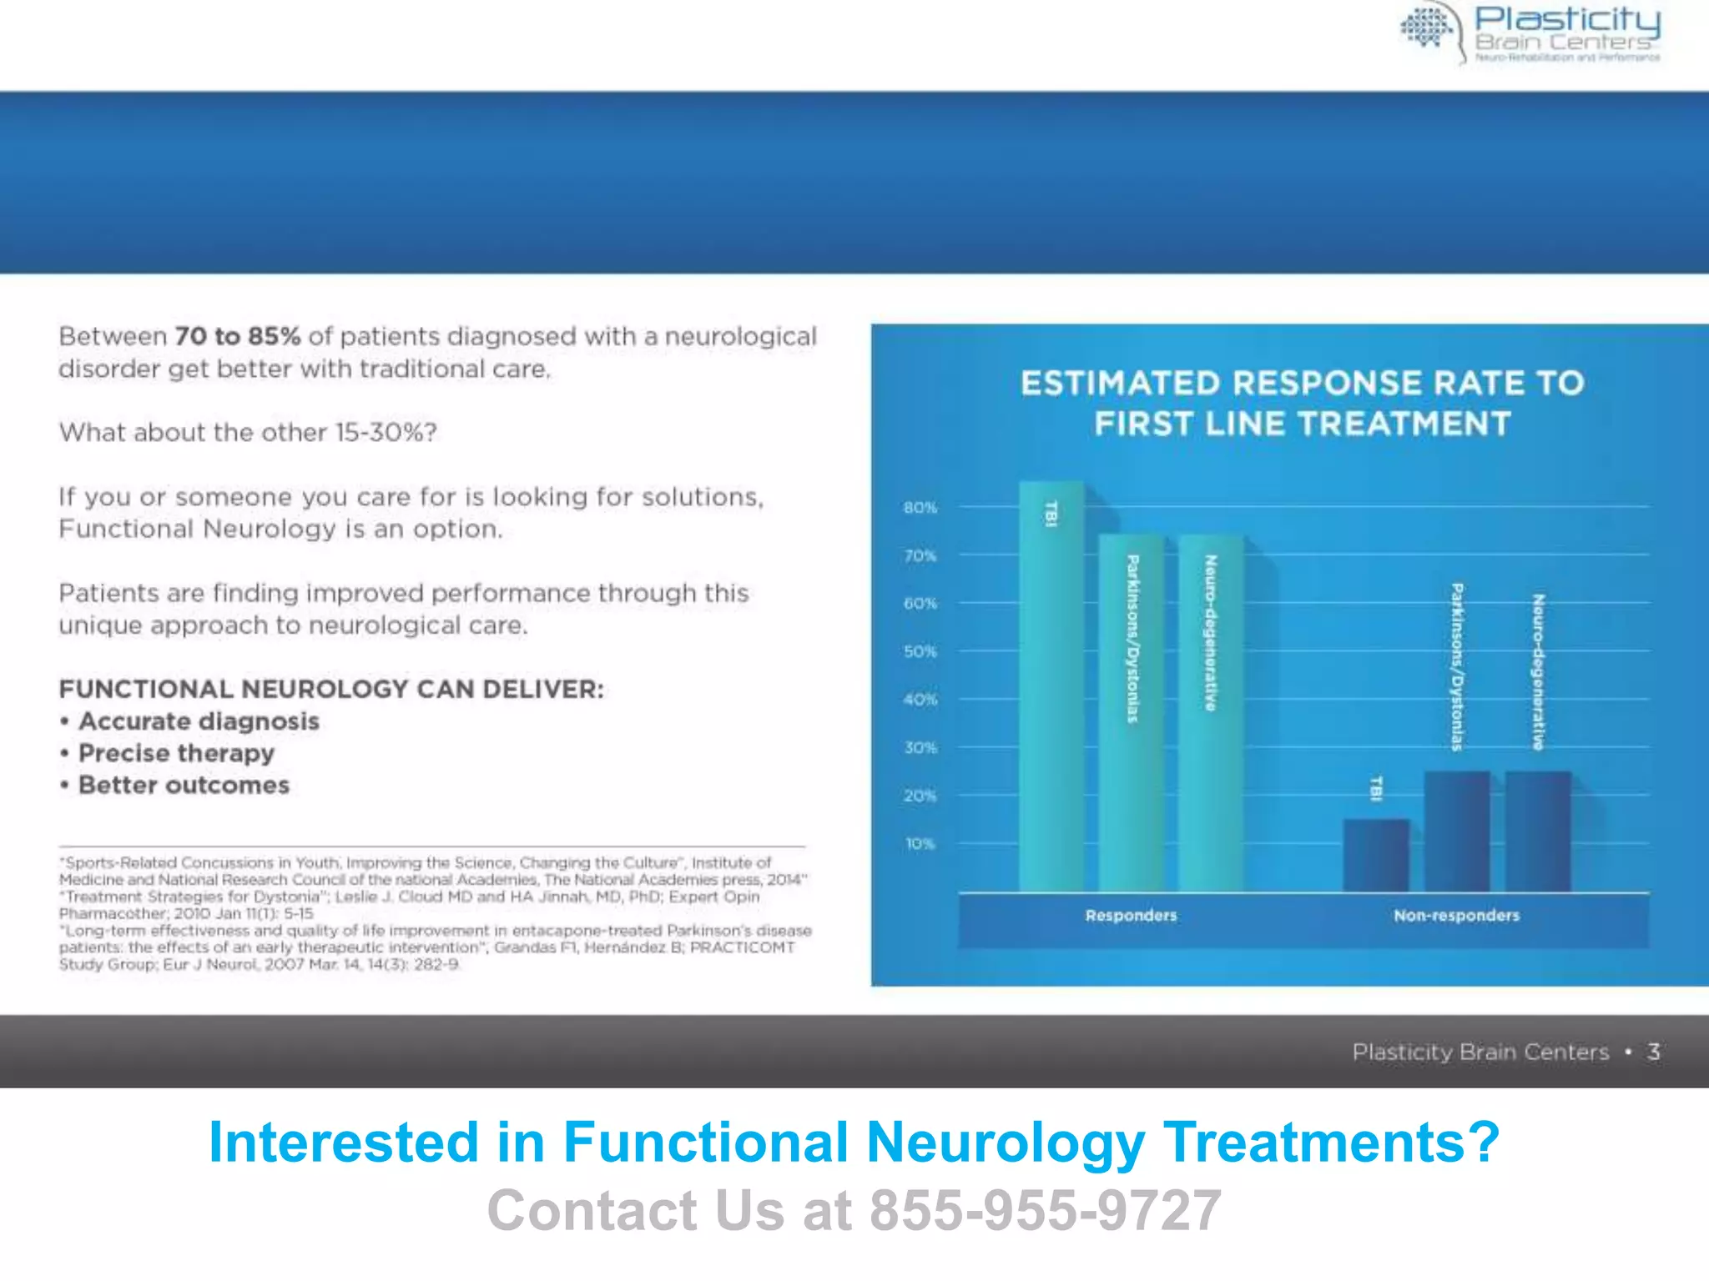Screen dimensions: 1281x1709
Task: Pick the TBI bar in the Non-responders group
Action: tap(1376, 855)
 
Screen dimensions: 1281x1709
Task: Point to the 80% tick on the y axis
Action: tap(920, 507)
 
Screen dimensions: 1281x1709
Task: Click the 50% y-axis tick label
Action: tap(920, 651)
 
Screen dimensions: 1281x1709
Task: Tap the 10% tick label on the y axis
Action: tap(920, 844)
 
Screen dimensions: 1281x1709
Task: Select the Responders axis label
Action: tap(1131, 916)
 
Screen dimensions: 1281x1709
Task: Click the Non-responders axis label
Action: tap(1456, 916)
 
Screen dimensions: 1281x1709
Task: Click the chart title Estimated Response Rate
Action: tap(1302, 403)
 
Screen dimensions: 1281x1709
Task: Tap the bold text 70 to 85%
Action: tap(237, 336)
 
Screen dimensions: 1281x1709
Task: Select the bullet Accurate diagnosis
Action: tap(199, 721)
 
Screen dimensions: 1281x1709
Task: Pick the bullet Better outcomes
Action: tap(184, 786)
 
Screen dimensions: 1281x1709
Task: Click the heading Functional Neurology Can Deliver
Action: tap(331, 690)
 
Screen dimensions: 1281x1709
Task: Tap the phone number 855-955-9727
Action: tap(1046, 1210)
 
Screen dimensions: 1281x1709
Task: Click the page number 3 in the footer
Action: tap(1653, 1052)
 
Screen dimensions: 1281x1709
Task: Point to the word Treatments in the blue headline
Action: tap(1332, 1142)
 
